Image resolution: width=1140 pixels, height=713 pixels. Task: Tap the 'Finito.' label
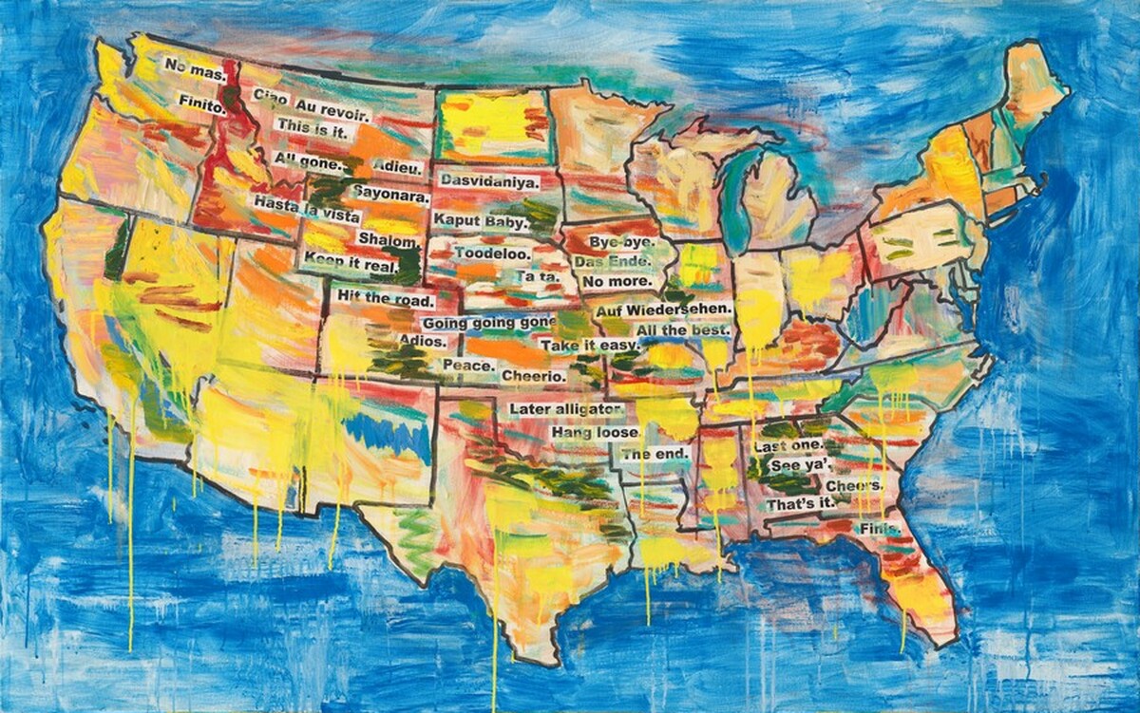pyautogui.click(x=199, y=107)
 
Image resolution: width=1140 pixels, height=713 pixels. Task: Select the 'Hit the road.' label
pyautogui.click(x=385, y=299)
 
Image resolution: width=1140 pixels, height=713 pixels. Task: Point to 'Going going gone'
pyautogui.click(x=488, y=323)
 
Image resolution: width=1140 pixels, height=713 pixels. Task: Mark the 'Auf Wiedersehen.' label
pyautogui.click(x=664, y=310)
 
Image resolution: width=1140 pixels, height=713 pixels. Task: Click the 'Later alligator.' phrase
pyautogui.click(x=566, y=409)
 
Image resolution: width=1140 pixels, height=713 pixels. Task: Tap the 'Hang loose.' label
pyautogui.click(x=596, y=432)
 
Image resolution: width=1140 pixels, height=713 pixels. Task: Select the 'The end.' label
pyautogui.click(x=655, y=455)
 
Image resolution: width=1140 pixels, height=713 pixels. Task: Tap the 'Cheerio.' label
pyautogui.click(x=534, y=376)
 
